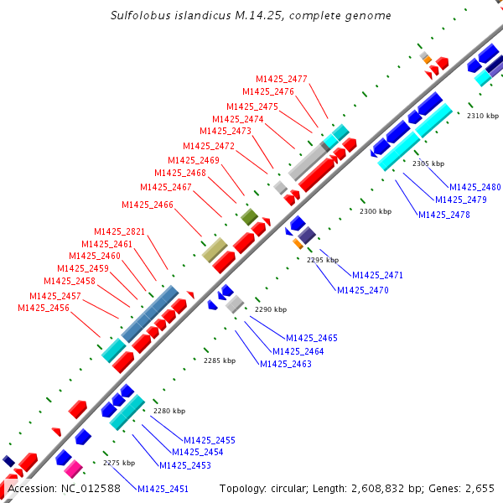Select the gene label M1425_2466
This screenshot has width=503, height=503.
148,205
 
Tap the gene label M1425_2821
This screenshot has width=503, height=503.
119,232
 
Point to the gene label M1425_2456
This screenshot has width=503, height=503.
44,309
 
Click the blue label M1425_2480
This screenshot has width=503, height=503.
475,187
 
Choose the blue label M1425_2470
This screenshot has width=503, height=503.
363,290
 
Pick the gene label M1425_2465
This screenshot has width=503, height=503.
312,338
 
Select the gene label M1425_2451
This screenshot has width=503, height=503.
163,490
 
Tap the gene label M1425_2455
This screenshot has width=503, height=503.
210,440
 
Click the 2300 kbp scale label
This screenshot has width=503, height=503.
375,212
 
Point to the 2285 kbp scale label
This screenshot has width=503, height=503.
220,361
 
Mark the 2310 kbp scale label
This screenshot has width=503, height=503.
482,116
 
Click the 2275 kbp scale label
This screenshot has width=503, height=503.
118,463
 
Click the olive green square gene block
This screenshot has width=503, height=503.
249,217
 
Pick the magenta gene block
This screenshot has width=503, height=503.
74,468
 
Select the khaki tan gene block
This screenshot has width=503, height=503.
215,249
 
